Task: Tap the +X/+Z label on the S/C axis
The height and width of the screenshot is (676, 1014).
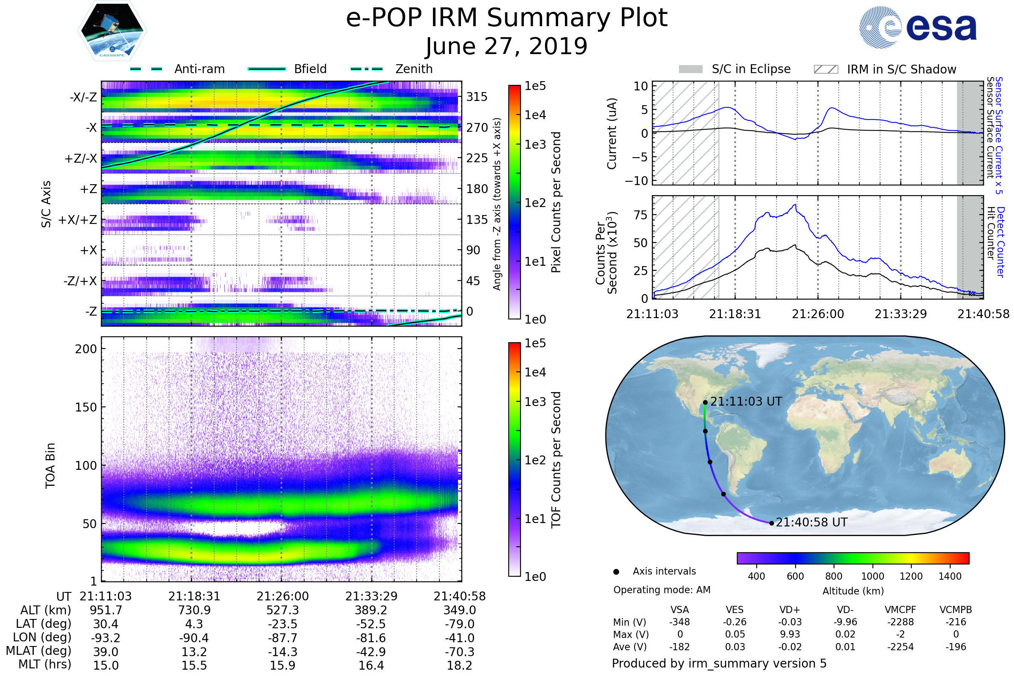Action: pos(78,220)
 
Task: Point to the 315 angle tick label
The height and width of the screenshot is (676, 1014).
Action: pos(477,97)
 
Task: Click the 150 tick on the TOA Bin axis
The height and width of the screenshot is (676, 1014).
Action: pos(86,407)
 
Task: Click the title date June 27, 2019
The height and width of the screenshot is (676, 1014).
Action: pos(507,46)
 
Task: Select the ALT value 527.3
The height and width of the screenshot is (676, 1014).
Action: pos(282,610)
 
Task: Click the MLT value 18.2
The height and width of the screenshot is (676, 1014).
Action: pos(459,665)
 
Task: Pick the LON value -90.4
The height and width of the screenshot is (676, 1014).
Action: pos(194,638)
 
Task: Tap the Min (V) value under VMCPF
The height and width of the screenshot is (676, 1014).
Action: pos(900,622)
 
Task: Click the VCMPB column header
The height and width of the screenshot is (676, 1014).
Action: pos(956,610)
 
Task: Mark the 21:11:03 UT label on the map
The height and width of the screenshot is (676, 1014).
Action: pos(746,401)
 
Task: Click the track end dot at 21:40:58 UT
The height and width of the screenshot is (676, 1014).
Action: pos(772,523)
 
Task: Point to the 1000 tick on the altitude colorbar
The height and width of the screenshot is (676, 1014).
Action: pos(872,576)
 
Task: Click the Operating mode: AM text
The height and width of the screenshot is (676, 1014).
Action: pos(662,590)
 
